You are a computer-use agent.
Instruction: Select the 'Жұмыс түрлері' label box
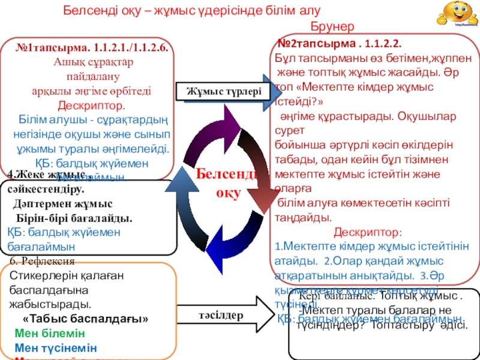click(x=220, y=92)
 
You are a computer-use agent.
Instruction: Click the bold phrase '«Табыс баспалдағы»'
click(x=85, y=319)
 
